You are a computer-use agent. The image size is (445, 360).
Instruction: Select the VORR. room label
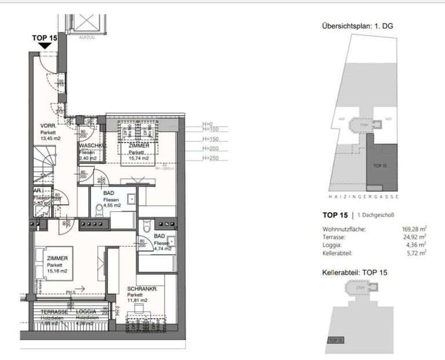click(x=48, y=126)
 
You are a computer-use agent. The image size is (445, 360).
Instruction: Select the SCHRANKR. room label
click(x=141, y=288)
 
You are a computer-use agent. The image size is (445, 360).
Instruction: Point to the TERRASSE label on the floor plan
click(x=54, y=311)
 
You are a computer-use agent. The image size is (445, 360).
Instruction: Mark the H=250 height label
click(x=210, y=158)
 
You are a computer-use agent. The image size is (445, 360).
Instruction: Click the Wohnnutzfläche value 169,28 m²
click(x=414, y=229)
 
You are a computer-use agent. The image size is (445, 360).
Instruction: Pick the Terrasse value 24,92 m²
click(x=415, y=237)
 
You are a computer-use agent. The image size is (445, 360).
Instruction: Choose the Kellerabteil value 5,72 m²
click(x=417, y=253)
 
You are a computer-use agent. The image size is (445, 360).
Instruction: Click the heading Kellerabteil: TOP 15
click(x=354, y=271)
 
